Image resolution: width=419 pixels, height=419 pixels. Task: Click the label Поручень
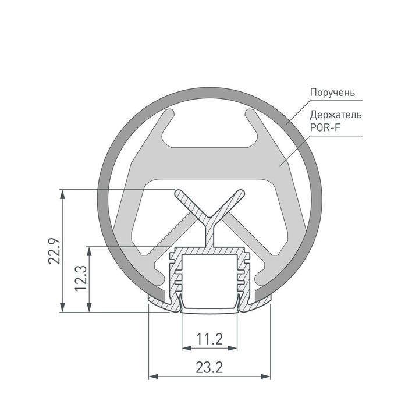pyautogui.click(x=332, y=93)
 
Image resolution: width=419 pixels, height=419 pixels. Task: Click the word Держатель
pyautogui.click(x=335, y=114)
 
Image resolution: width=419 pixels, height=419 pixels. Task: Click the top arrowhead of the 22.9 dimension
pyautogui.click(x=62, y=193)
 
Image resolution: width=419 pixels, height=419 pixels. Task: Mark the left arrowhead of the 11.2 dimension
pyautogui.click(x=186, y=349)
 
